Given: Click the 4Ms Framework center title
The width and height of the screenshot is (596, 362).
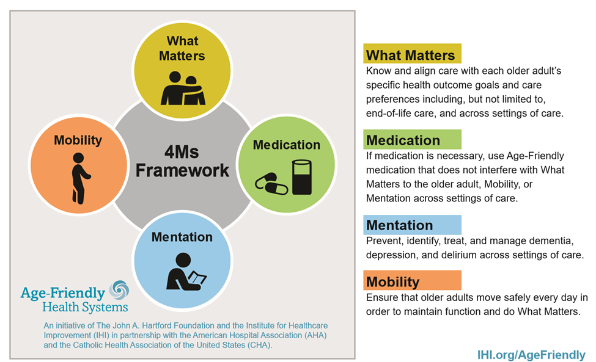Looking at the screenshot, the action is [x=182, y=161].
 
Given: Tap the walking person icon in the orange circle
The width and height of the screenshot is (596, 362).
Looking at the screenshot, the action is [x=81, y=178].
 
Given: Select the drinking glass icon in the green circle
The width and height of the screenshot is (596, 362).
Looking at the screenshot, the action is [x=302, y=177].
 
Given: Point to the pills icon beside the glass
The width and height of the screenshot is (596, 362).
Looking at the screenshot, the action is [x=271, y=184].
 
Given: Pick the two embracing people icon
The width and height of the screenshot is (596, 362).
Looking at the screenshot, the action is [x=183, y=88].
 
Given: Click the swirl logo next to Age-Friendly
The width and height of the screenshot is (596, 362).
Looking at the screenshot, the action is [x=119, y=291].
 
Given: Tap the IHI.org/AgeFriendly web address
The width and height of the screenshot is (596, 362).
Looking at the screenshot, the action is [x=531, y=355].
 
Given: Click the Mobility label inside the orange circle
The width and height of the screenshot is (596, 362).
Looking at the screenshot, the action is [x=78, y=140].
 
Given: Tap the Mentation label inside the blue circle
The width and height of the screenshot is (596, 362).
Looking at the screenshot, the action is [x=182, y=237].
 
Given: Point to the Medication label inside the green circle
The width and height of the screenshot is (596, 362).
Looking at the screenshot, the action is [x=287, y=145].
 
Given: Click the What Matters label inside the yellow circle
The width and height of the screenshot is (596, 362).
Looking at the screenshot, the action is [x=182, y=48].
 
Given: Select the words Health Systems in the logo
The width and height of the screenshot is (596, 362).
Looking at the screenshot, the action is [x=85, y=307].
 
